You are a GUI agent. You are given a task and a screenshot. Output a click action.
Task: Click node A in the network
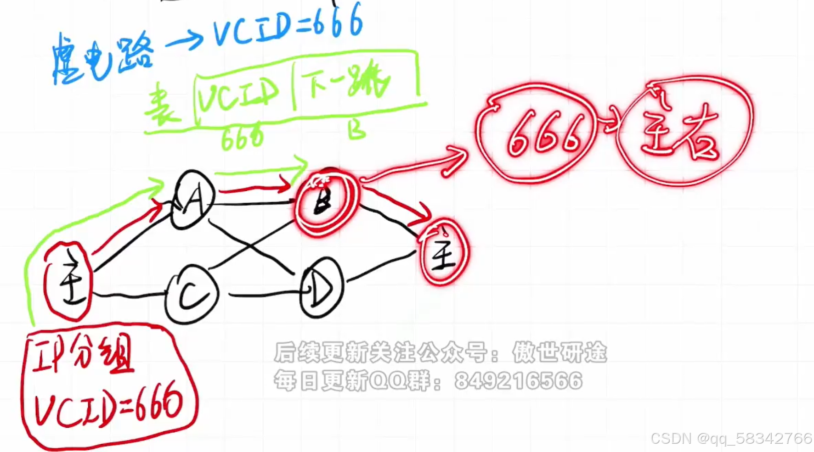click(x=193, y=200)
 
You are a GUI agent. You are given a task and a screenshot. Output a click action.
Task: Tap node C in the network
click(x=192, y=294)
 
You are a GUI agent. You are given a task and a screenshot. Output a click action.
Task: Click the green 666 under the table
click(x=242, y=137)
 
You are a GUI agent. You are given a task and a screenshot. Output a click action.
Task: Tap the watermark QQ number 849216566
click(x=518, y=381)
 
